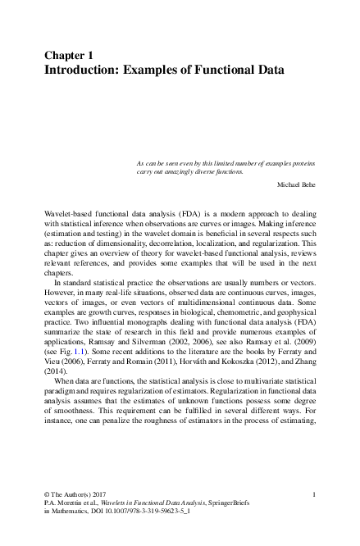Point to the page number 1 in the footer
[315, 494]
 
